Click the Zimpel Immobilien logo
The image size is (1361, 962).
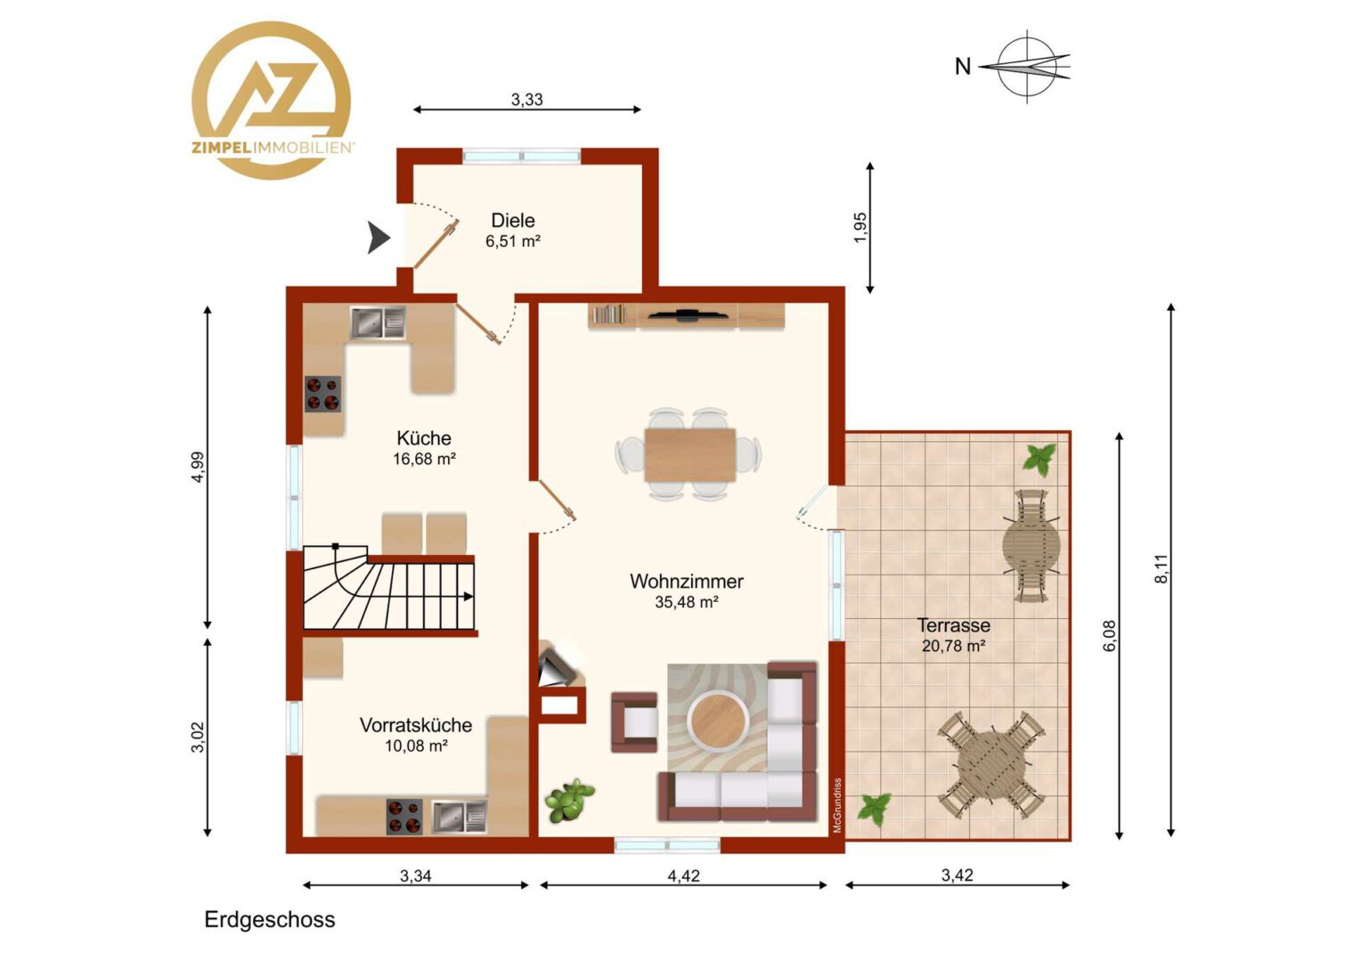272,101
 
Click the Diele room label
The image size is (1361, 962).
513,220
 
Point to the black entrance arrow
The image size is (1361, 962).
379,237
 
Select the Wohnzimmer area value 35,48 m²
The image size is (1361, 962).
687,602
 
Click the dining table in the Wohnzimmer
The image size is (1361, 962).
689,454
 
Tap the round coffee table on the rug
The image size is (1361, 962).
717,720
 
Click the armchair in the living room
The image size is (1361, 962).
633,722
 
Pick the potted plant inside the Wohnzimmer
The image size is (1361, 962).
569,801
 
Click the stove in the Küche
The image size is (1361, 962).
322,394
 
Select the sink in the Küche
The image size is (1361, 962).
378,322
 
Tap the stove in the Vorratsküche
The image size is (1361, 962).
404,816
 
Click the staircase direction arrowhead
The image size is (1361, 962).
469,597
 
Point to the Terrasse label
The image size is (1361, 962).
953,624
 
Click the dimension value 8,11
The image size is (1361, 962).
1161,569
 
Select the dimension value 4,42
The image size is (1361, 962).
683,876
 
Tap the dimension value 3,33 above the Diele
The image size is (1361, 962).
526,99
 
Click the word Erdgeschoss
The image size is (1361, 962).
270,919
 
